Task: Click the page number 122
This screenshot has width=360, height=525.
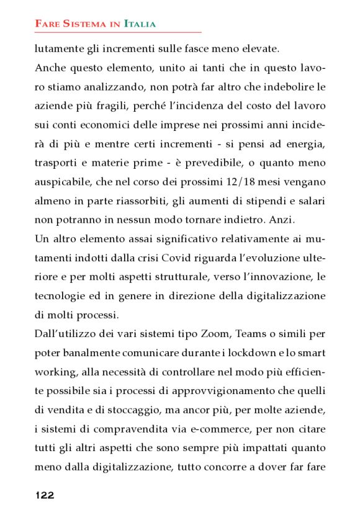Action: coord(44,495)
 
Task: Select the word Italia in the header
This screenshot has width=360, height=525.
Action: coord(140,24)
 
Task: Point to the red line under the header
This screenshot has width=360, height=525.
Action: coord(118,32)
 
